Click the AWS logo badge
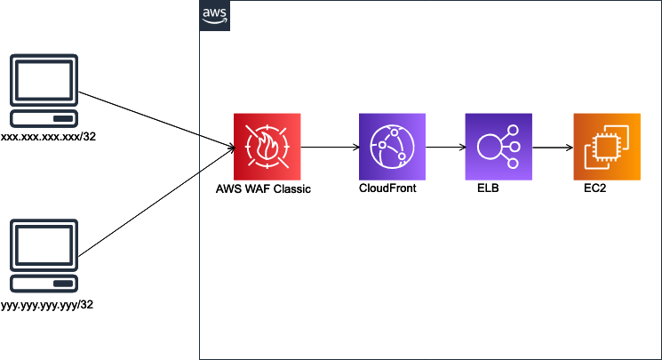214,16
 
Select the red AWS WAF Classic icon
267,147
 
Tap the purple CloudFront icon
392,147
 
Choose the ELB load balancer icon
498,147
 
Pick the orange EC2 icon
606,147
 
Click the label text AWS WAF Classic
264,189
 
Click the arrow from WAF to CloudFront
329,147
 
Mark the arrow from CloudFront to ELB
445,147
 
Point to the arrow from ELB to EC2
552,147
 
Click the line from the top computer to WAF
156,119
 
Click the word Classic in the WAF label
292,189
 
